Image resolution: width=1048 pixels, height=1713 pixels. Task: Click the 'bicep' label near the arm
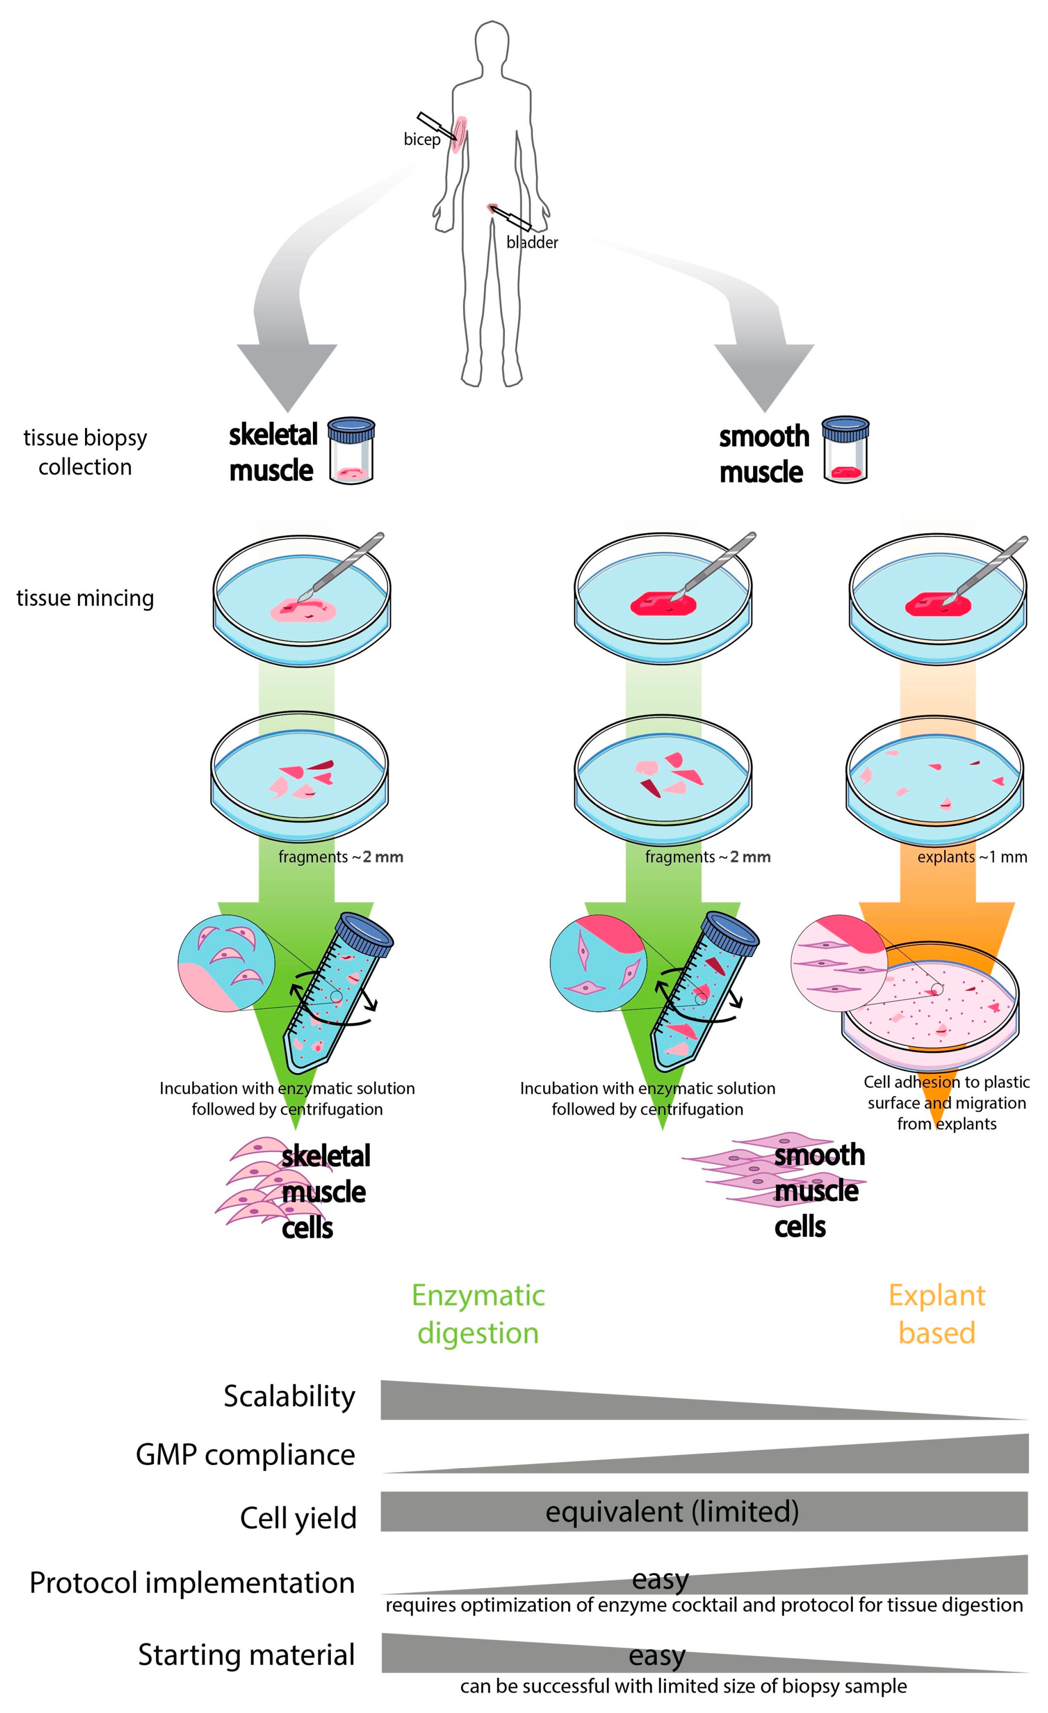click(x=422, y=139)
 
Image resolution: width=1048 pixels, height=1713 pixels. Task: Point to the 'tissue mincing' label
click(x=85, y=598)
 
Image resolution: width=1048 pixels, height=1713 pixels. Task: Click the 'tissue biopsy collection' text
click(x=85, y=452)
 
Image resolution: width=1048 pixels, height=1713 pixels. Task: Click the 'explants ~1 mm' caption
click(x=972, y=856)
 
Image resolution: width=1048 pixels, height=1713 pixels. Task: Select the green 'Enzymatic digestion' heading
click(x=478, y=1314)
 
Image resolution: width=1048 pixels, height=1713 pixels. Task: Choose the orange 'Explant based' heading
click(x=937, y=1314)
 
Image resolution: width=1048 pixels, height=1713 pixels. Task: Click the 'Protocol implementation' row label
click(x=192, y=1582)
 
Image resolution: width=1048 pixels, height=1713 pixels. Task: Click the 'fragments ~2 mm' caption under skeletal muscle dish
click(x=340, y=856)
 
